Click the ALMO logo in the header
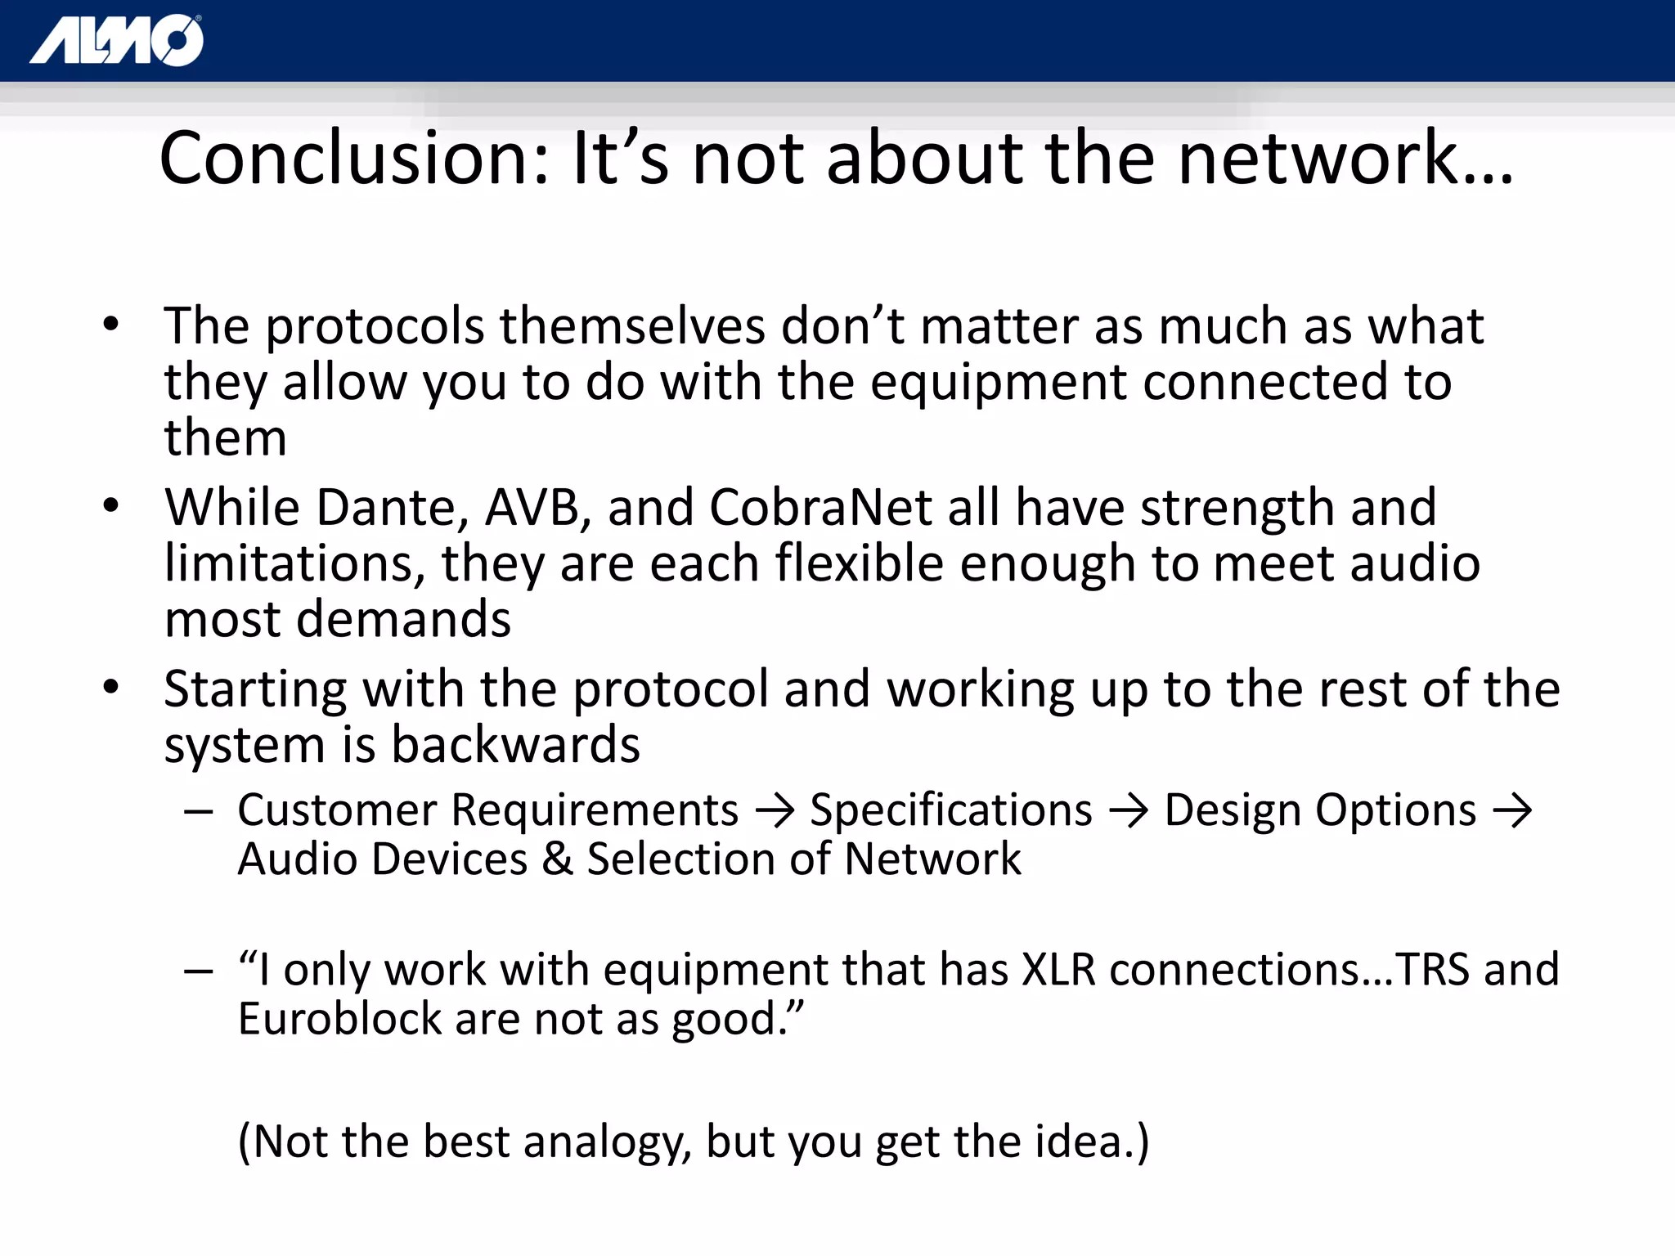click(117, 40)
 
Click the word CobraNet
click(820, 508)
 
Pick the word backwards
click(515, 745)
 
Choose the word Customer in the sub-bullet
click(337, 810)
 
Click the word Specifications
click(950, 810)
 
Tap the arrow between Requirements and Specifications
click(774, 811)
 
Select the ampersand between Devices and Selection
click(557, 859)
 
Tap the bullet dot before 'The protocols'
click(111, 325)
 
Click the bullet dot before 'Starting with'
click(111, 687)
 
